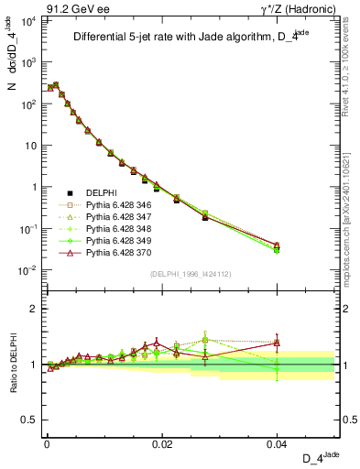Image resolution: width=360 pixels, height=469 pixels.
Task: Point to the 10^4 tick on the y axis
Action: [27, 20]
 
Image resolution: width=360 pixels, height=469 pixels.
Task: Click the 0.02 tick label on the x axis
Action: [162, 443]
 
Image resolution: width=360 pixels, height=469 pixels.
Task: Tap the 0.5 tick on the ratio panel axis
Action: [32, 420]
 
